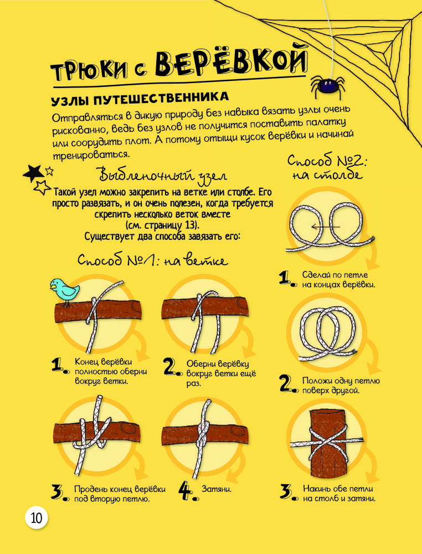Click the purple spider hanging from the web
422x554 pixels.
(x=326, y=87)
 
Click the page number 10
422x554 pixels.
(x=37, y=518)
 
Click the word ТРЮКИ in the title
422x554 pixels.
(x=89, y=72)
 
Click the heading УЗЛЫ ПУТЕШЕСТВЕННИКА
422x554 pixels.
(x=140, y=99)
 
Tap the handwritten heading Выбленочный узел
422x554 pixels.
(x=162, y=175)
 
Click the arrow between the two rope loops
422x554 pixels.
(x=325, y=227)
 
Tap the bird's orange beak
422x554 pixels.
(x=53, y=287)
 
